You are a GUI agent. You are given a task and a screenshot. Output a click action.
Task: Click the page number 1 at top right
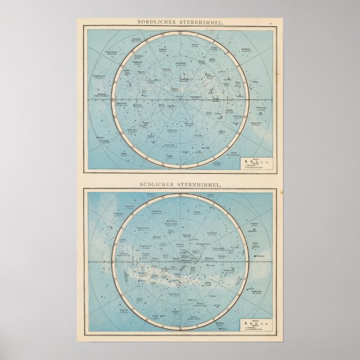tap(270, 23)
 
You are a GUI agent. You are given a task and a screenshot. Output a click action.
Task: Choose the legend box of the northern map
tap(257, 163)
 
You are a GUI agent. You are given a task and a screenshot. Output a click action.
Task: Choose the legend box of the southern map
tap(257, 324)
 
